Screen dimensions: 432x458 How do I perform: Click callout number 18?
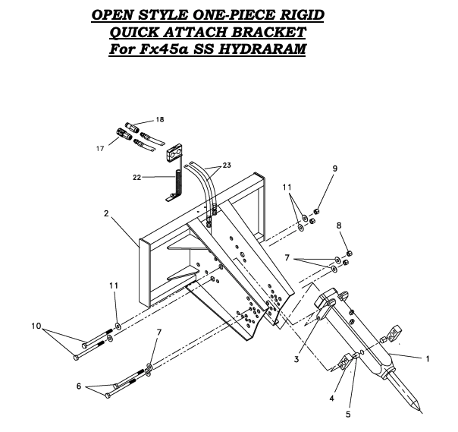point(159,120)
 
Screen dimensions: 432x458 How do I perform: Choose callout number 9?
point(313,168)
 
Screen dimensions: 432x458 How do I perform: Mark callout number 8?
point(338,225)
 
